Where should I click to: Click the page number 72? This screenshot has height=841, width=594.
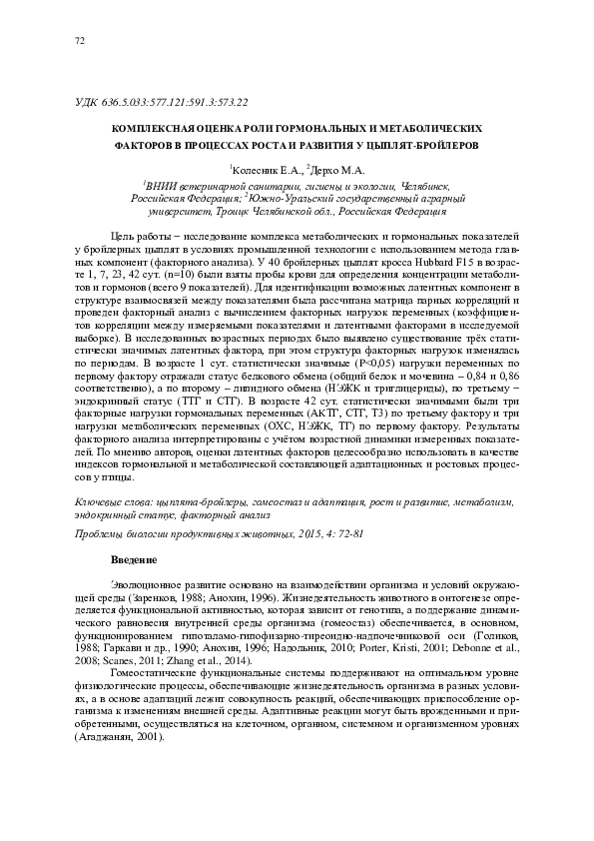[81, 41]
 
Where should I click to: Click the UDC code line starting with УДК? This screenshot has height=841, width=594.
[162, 102]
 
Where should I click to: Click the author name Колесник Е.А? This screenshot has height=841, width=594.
[266, 170]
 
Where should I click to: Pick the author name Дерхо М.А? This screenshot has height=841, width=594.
[337, 170]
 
